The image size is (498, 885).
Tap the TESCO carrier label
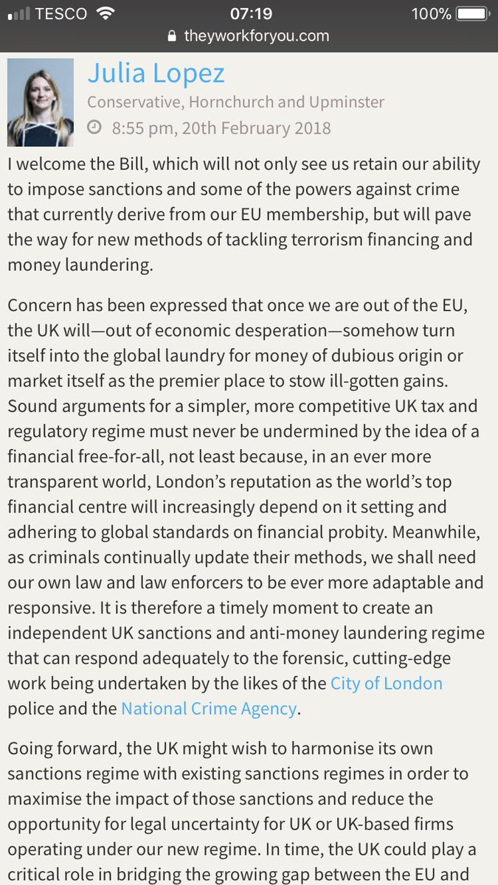tap(63, 14)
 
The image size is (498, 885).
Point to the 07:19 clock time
tap(249, 14)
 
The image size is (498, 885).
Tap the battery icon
tap(471, 14)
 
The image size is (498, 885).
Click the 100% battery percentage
tap(431, 14)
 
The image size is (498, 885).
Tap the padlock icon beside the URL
tap(173, 36)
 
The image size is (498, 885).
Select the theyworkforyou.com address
tap(256, 36)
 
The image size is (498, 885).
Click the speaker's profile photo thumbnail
tap(41, 103)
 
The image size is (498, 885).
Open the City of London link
tap(386, 684)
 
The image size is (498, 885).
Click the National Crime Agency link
tap(209, 709)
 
